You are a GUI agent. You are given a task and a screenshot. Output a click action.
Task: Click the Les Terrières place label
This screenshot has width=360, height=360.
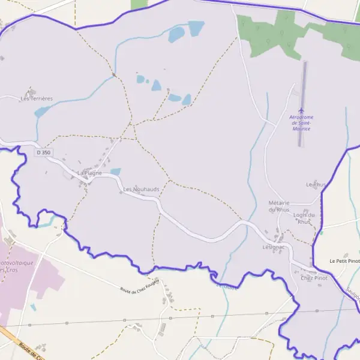point(37,98)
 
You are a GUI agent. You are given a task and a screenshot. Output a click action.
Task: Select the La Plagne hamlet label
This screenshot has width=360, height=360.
point(89,173)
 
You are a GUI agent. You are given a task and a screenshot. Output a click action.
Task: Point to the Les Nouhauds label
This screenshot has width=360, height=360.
point(141,189)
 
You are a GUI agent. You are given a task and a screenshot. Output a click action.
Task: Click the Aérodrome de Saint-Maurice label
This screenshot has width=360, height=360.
point(301,122)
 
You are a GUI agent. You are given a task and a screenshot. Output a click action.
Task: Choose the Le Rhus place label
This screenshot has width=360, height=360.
point(316,184)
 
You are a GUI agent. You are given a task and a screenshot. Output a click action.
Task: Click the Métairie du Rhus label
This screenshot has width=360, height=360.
point(279,206)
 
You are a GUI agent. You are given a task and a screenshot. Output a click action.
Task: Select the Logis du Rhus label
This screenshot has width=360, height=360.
point(304,218)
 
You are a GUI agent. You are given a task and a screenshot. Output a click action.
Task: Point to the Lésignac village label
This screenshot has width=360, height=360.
point(273,247)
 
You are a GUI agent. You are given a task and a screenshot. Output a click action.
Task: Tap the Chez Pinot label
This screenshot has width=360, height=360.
point(314,278)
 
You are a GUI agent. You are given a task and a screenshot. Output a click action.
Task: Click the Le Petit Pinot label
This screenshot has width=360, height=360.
point(344,261)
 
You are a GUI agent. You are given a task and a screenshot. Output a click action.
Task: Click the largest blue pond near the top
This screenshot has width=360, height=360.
point(196,28)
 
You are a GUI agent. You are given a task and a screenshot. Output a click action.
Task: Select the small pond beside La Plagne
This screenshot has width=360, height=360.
point(116,172)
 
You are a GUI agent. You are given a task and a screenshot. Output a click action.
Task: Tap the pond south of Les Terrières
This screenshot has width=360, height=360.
point(43,112)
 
